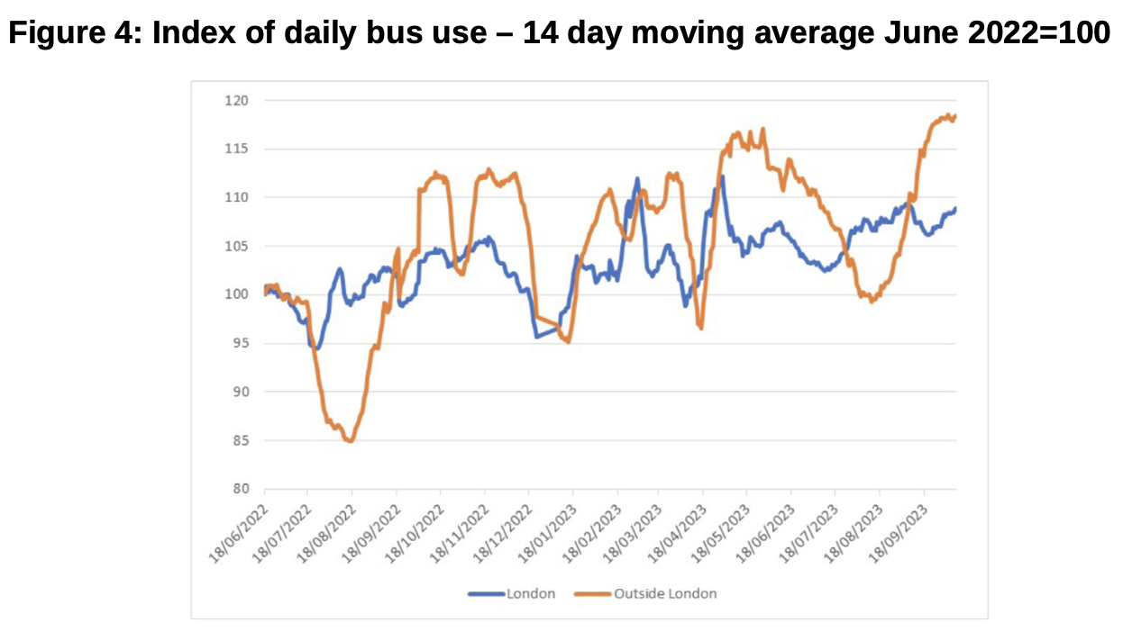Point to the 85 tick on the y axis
(x=236, y=440)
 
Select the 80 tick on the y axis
(x=236, y=489)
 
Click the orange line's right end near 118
(x=955, y=115)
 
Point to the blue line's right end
(x=955, y=209)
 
